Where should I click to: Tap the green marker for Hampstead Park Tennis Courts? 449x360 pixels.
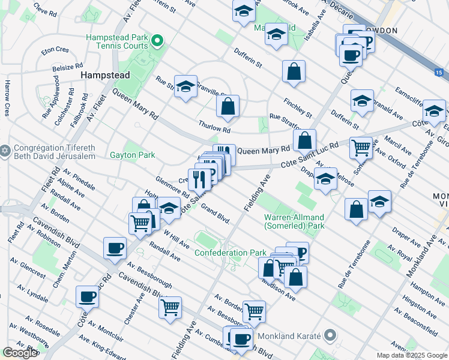[x=157, y=41]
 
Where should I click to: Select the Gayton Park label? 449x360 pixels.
[x=132, y=155]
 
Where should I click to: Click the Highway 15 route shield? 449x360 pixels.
[x=439, y=73]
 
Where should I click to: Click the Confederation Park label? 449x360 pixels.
[x=231, y=253]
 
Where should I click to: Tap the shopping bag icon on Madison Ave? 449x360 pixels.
[x=295, y=277]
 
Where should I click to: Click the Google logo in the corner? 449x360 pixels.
[x=20, y=353]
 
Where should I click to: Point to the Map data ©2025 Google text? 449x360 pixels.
[x=411, y=355]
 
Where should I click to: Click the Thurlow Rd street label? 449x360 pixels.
[x=214, y=127]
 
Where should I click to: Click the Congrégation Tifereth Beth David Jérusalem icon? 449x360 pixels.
[x=5, y=150]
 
